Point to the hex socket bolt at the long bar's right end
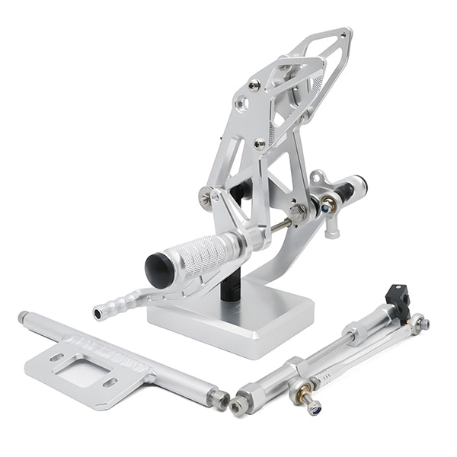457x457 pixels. pos(221,398)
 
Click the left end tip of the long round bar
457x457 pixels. pos(24,316)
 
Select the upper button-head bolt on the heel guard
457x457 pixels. pos(254,85)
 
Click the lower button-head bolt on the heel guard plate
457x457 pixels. pos(260,143)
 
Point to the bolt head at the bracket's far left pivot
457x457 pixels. pos(206,198)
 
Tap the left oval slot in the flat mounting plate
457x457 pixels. pos(56,357)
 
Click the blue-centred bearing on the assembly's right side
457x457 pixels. pos(329,204)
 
